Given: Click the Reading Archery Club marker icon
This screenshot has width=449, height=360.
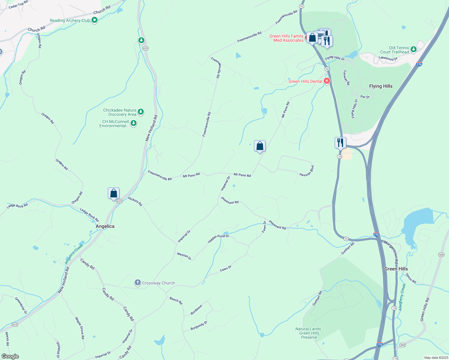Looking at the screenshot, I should point(95,20).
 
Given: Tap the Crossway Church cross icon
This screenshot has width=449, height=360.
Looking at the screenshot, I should point(137,283).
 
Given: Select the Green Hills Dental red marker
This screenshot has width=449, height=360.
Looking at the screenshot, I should point(327,81).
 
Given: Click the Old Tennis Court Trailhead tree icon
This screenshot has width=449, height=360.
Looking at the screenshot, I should point(414,49).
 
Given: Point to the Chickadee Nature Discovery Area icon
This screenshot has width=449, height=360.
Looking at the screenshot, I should point(141,112).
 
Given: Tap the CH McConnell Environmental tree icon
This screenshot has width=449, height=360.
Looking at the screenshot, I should point(134,123).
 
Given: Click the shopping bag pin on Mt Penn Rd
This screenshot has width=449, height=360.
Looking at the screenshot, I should point(260,146).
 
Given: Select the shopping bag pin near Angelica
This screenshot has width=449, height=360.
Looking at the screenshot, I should point(113,193).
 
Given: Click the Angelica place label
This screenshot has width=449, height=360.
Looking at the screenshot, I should point(105,226).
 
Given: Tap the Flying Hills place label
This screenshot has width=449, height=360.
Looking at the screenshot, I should point(381,86).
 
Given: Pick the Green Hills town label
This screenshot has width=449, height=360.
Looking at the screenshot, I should point(396,269).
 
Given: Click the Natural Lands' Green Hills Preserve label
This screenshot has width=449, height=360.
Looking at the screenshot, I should point(309,333).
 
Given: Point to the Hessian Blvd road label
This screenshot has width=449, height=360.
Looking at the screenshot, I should point(307,171).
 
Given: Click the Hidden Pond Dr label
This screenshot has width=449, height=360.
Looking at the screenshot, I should point(218,239).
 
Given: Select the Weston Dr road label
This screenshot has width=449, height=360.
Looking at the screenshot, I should point(184,256).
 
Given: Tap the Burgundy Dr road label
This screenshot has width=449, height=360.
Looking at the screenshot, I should point(199,326).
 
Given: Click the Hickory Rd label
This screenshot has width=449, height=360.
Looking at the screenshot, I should point(135,201).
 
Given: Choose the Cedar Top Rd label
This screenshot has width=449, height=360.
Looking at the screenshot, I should point(18,4).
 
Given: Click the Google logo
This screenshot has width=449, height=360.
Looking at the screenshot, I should point(10,356).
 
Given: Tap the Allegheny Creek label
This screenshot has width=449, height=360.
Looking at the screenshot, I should point(402,297).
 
